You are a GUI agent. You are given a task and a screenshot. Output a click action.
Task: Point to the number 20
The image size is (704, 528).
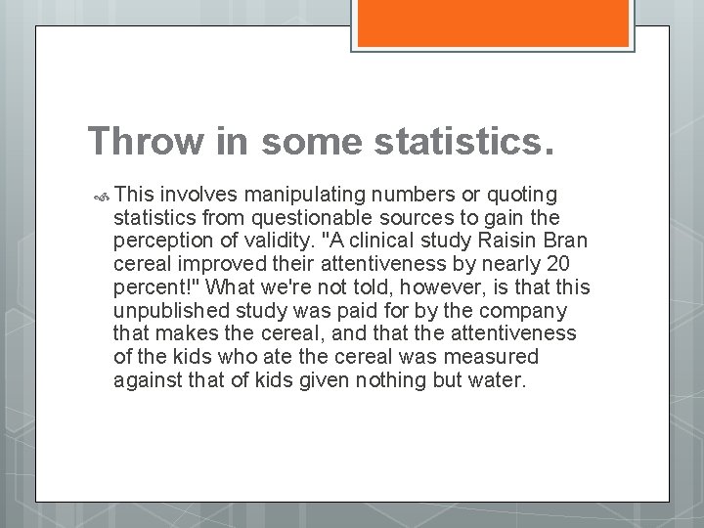pyautogui.click(x=559, y=264)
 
